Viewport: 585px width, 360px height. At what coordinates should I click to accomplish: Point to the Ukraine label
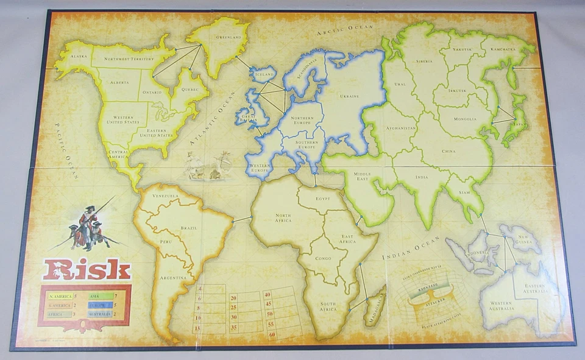click(349, 96)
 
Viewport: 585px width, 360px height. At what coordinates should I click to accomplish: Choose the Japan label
click(520, 122)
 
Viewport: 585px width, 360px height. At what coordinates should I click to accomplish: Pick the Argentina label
click(173, 278)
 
